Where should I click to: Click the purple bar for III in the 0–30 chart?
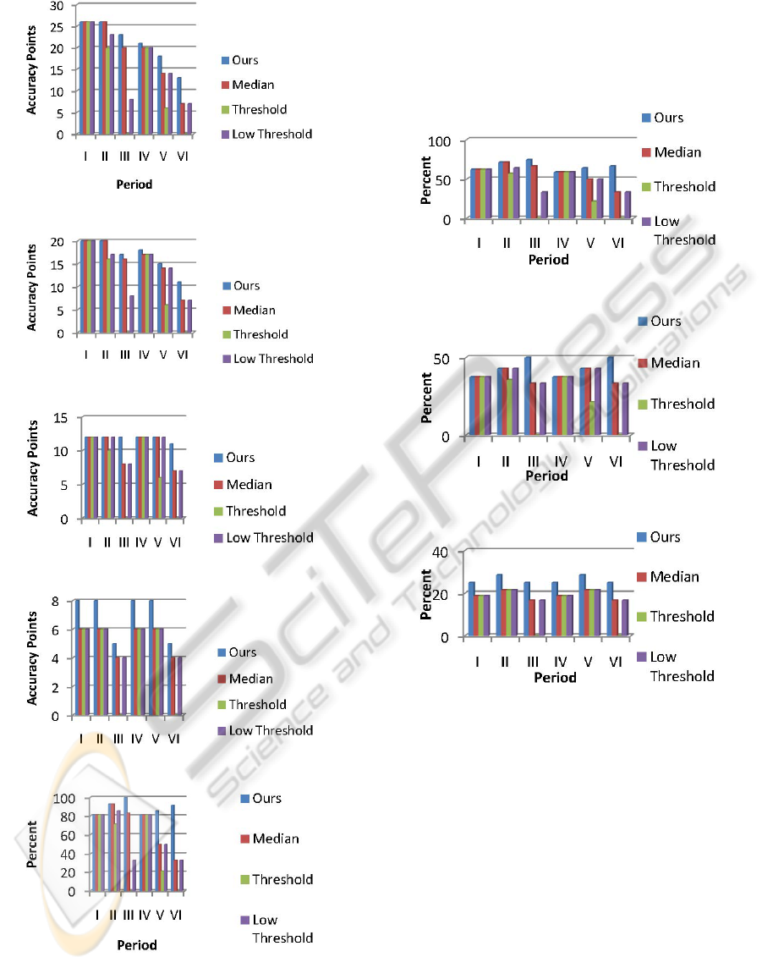click(131, 117)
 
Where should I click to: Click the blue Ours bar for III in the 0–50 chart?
click(528, 396)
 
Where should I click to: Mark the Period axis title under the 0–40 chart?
click(555, 677)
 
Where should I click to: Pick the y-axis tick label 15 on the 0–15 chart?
click(60, 417)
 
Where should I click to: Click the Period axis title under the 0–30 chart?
click(134, 184)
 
